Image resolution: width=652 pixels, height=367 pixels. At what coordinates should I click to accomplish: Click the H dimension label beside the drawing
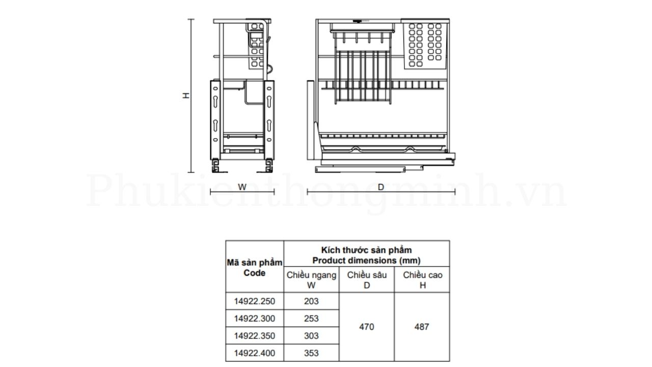tap(187, 95)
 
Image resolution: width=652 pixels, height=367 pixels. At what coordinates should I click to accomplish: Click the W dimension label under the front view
tap(242, 187)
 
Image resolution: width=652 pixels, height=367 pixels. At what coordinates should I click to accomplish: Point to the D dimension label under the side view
tap(381, 187)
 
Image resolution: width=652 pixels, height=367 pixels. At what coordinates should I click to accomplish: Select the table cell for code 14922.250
tap(255, 301)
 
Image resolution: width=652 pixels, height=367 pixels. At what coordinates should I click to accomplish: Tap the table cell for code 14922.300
tap(255, 319)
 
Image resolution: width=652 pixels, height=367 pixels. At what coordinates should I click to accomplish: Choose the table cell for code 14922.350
tap(255, 336)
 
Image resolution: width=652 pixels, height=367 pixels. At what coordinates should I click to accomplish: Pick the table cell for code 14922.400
tap(255, 353)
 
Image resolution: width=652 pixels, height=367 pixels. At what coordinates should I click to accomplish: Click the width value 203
tap(311, 301)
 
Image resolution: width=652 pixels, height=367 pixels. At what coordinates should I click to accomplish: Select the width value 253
tap(311, 319)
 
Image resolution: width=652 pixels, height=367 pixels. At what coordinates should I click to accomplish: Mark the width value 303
tap(311, 336)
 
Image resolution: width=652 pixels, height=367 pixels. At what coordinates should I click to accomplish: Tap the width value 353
tap(311, 353)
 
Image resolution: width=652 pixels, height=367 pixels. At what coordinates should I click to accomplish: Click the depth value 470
tap(366, 327)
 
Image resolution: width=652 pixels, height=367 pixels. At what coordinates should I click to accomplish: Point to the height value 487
tap(422, 327)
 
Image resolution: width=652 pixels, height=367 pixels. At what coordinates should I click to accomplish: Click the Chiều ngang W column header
tap(311, 280)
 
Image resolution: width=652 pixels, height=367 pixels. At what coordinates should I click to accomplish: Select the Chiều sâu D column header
tap(366, 280)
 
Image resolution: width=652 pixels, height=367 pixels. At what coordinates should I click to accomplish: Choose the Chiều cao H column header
tap(422, 280)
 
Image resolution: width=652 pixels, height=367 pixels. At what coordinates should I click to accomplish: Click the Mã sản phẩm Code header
tap(255, 268)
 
